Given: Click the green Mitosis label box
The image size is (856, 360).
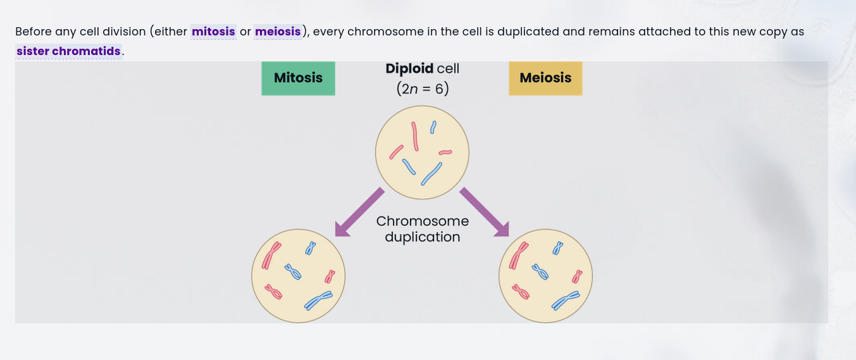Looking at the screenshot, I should click(298, 78).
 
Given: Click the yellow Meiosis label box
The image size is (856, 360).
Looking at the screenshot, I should click(545, 78).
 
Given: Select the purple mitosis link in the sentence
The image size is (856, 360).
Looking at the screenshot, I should click(213, 31).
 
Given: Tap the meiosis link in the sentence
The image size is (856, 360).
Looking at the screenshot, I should click(278, 31).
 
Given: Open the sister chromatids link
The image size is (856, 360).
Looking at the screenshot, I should click(68, 51).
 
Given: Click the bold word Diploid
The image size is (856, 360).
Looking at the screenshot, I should click(409, 68).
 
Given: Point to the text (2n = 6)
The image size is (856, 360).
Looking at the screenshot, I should click(423, 89).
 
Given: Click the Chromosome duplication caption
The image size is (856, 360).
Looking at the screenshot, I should click(423, 229).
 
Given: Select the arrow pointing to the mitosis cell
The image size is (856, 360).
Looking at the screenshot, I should click(359, 212).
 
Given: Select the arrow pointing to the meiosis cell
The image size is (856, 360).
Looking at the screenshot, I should click(485, 212).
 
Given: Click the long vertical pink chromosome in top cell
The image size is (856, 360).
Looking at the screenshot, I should click(415, 136).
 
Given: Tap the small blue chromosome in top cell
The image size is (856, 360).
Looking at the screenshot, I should click(433, 128).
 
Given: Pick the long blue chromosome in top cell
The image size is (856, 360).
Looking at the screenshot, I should click(431, 173).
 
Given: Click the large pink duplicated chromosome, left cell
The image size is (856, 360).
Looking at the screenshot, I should click(271, 255).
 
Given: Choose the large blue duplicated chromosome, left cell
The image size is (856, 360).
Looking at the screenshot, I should click(318, 301).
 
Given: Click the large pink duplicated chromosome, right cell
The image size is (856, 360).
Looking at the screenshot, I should click(519, 255).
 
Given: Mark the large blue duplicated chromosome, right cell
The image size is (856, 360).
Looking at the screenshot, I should click(565, 301).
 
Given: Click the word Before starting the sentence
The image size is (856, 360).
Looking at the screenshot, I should click(33, 31).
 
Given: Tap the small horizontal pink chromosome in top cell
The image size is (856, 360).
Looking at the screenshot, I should click(445, 152).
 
